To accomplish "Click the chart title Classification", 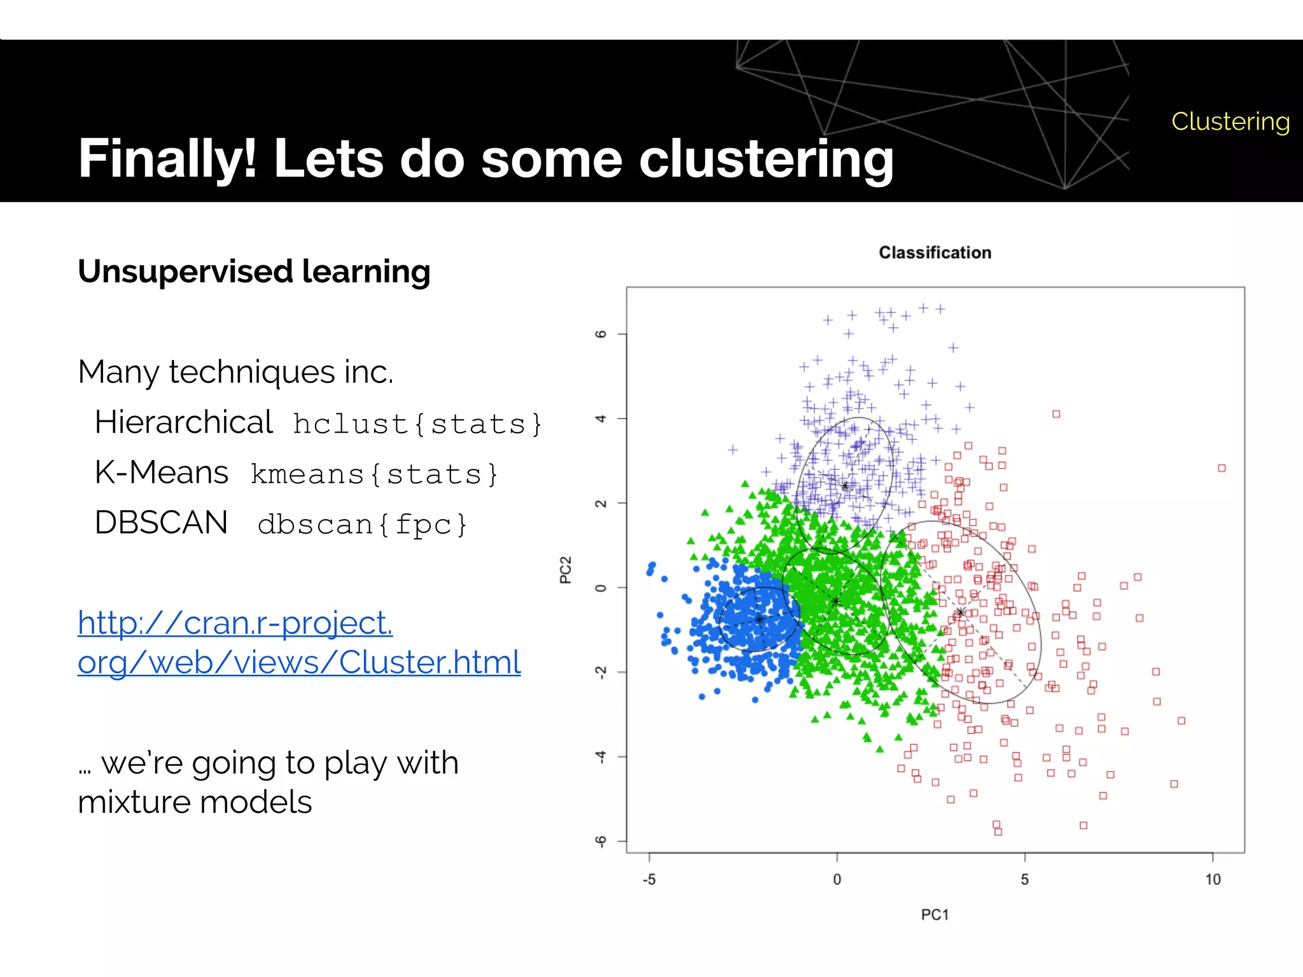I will (935, 253).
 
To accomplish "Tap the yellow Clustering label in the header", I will (1230, 121).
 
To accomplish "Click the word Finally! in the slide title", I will (167, 158).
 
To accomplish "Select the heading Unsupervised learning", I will (254, 272).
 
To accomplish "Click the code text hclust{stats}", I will (417, 424).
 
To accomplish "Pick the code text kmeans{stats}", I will (374, 475).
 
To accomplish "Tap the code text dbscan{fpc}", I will (363, 525).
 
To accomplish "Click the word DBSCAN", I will (161, 523).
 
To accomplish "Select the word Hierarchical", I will (183, 422).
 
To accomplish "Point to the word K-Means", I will (161, 473).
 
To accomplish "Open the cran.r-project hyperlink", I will (299, 642).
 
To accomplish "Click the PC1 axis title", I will (935, 915).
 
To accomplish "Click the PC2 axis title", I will (565, 570).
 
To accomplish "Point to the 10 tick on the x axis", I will (1213, 880).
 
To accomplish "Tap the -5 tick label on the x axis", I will (649, 880).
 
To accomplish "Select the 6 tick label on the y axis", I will (600, 334).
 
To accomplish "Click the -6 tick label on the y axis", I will (600, 841).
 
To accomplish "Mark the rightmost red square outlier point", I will (1222, 468).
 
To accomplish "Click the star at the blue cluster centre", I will (759, 619).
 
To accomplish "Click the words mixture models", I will (195, 802).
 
